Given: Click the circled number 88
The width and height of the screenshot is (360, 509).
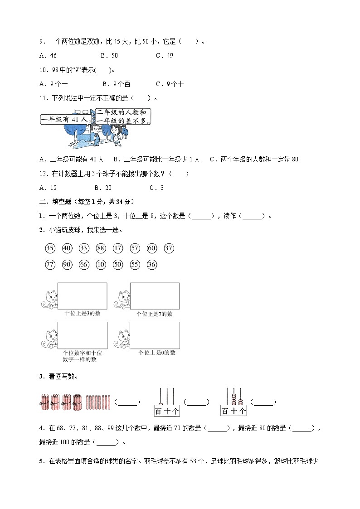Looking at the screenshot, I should coord(101,248).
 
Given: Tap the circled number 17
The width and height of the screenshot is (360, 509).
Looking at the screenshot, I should coord(118,248).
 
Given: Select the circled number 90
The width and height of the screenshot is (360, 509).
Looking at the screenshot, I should coord(67,265).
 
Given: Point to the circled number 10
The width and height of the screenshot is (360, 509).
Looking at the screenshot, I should coord(101,265).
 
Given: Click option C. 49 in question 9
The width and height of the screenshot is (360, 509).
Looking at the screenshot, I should coord(164,55).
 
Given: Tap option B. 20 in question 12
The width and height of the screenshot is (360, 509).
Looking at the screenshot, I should coord(103,188).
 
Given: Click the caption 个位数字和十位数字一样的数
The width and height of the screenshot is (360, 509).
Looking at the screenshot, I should coord(82,356).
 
